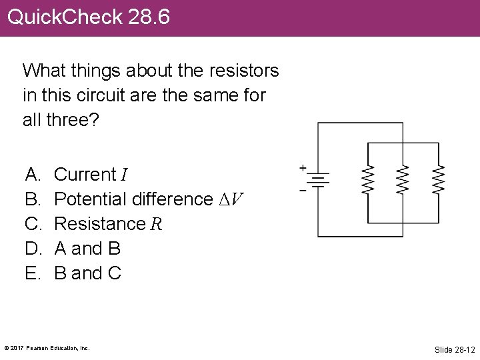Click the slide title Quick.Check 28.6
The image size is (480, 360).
coord(89,17)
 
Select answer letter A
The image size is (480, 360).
coord(31,175)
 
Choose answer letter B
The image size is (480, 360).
coord(31,199)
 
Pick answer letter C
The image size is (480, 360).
coord(31,224)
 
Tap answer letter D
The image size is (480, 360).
coord(31,249)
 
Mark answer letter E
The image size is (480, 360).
coord(31,273)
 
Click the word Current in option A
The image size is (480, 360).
coord(85,175)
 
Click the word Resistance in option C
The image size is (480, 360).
coord(99,224)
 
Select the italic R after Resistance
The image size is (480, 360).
coord(156,224)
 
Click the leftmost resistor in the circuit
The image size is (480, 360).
coord(367,180)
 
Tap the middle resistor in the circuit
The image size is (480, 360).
coord(402,180)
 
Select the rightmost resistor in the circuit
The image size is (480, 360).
coord(438,180)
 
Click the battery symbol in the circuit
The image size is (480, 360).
coord(318,179)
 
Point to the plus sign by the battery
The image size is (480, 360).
coord(303,167)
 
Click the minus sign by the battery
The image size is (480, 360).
coord(303,191)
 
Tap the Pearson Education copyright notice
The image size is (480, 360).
coord(47,348)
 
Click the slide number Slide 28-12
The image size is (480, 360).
coord(454,349)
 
